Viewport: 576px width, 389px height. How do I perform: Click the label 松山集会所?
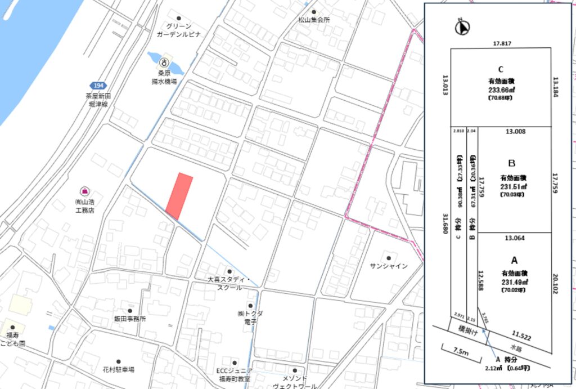pyautogui.click(x=314, y=19)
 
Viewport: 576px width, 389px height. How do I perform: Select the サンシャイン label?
pyautogui.click(x=389, y=266)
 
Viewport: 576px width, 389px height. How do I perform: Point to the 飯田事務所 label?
pyautogui.click(x=130, y=318)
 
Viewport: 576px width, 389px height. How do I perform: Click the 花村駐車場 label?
pyautogui.click(x=118, y=370)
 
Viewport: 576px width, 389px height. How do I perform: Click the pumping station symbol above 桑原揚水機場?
pyautogui.click(x=164, y=62)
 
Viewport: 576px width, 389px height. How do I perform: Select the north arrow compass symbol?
pyautogui.click(x=463, y=26)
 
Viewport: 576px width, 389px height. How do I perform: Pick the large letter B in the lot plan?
pyautogui.click(x=511, y=163)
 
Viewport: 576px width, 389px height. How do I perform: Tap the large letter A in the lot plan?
pyautogui.click(x=514, y=261)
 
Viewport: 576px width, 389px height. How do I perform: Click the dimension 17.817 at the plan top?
pyautogui.click(x=501, y=43)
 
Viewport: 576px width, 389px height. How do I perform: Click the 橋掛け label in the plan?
pyautogui.click(x=466, y=332)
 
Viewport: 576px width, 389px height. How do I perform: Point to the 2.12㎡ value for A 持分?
pyautogui.click(x=493, y=369)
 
